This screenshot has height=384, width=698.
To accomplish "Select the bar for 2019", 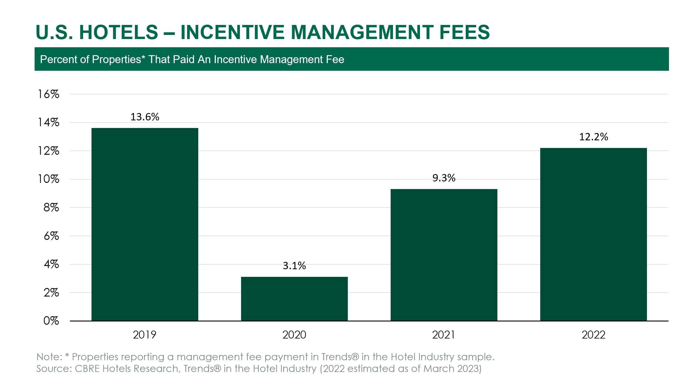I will click(x=145, y=224).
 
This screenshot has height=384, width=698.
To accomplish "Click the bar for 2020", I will click(x=294, y=299).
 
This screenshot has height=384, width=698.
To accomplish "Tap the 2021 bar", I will click(x=444, y=255).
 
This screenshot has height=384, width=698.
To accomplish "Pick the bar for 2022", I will click(x=593, y=234).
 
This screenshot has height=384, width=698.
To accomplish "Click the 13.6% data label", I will click(x=145, y=117).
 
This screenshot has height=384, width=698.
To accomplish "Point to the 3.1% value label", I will click(x=294, y=266).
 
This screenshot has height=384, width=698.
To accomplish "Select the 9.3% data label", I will click(x=444, y=178).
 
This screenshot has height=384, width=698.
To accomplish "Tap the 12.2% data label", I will click(x=593, y=137).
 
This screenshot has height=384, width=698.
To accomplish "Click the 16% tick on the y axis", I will click(x=49, y=94).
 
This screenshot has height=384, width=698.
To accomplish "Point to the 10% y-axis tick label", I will click(x=49, y=179).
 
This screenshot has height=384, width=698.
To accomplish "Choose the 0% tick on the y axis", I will click(x=51, y=321).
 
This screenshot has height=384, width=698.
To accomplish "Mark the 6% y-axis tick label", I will click(x=51, y=236).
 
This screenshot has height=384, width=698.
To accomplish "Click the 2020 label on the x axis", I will click(x=294, y=335).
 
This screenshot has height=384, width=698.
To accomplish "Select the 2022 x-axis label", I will click(x=593, y=335).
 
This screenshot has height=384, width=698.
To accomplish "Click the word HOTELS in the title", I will click(x=118, y=32).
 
